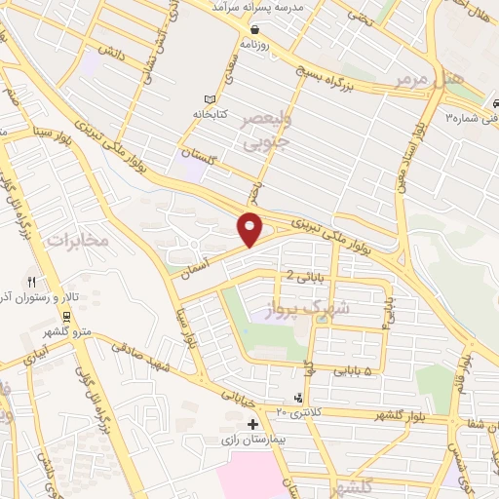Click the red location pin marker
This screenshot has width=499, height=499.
click(250, 229)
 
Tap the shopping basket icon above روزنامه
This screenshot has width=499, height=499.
click(254, 29)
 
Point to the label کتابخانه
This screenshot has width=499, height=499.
click(234, 114)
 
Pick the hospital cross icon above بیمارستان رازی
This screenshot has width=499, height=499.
click(253, 425)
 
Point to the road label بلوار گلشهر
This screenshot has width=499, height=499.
click(408, 407)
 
